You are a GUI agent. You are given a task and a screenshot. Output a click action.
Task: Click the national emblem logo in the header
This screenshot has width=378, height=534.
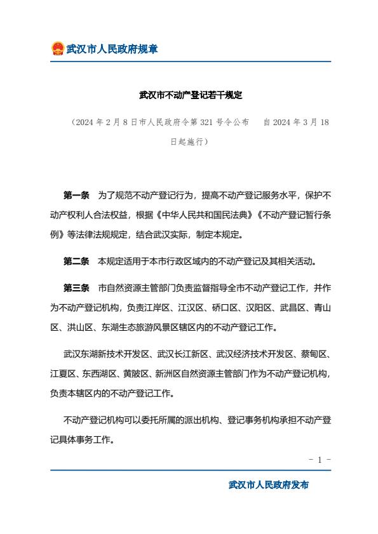[57, 49]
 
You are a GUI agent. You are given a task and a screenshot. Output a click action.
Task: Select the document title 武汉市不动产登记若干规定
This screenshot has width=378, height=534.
[191, 95]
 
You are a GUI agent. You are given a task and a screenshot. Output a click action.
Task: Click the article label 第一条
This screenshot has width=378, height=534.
[76, 194]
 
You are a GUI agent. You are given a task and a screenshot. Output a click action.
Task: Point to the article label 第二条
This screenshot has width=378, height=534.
[76, 260]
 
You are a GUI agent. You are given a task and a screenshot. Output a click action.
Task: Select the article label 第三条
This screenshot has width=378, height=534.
[76, 288]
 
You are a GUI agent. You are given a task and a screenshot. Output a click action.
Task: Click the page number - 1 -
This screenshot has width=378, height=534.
[320, 458]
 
